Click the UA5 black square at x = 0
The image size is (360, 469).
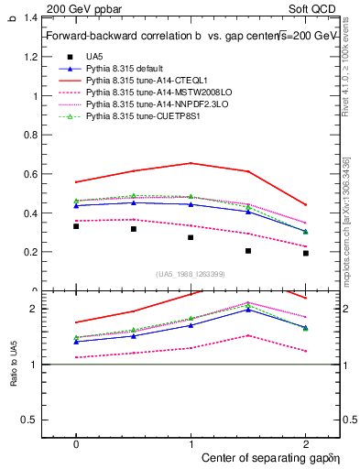tap(76, 225)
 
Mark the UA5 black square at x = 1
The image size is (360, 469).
tap(191, 237)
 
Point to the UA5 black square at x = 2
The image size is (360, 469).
tap(306, 253)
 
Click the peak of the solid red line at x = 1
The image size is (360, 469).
tap(191, 163)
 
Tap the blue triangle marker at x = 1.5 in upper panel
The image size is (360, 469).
tap(248, 212)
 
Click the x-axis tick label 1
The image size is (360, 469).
tap(191, 442)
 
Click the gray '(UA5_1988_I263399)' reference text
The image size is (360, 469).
tap(191, 275)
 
